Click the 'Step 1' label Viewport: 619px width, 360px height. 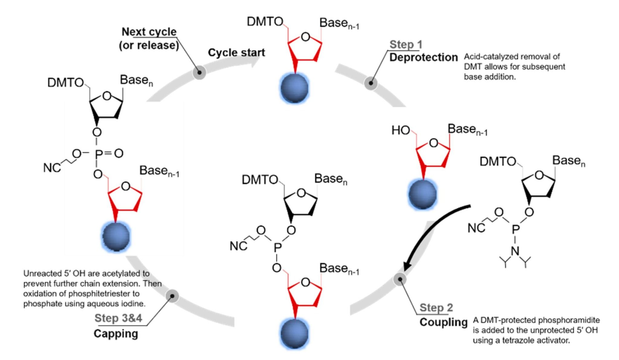click(x=406, y=44)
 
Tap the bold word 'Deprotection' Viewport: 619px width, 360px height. click(x=423, y=57)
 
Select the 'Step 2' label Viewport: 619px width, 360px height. click(x=436, y=307)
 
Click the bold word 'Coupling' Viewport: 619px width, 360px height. click(x=443, y=322)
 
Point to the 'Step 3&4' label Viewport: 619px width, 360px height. click(x=118, y=318)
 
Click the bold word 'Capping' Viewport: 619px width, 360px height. click(x=116, y=333)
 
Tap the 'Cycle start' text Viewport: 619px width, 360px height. click(x=236, y=53)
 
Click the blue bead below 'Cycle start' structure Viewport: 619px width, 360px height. click(x=294, y=88)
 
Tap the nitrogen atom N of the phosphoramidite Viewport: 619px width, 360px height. click(x=515, y=251)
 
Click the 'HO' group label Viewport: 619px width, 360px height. click(x=400, y=131)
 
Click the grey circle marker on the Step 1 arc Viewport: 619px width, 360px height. click(x=371, y=83)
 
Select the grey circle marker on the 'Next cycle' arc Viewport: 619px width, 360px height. click(x=199, y=73)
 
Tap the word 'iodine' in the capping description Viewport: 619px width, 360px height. click(x=135, y=303)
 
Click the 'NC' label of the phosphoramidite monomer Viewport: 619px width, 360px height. click(x=476, y=228)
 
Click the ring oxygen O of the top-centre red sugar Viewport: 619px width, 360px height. click(x=305, y=37)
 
